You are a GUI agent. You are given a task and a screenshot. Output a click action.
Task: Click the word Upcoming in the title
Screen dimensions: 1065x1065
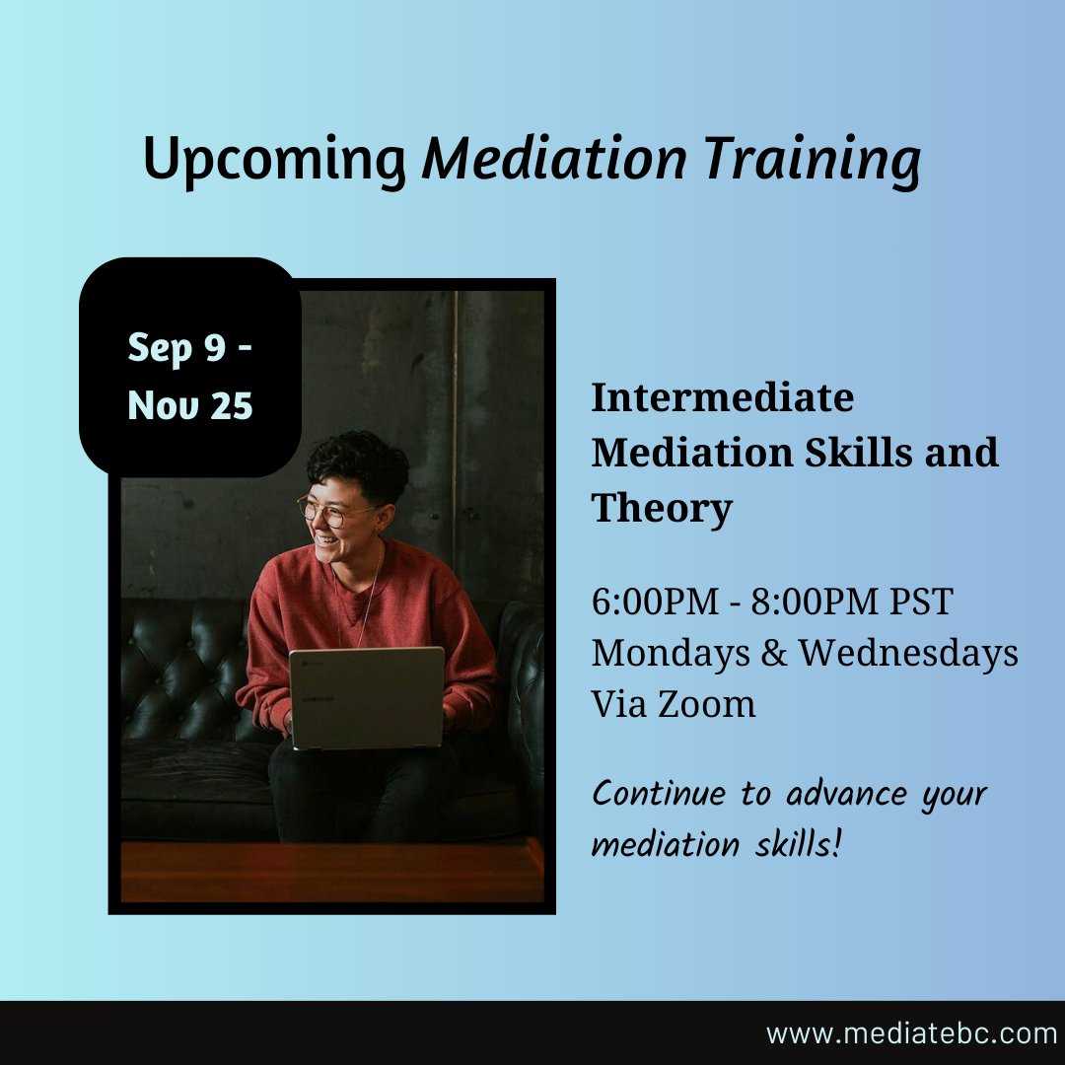[275, 159]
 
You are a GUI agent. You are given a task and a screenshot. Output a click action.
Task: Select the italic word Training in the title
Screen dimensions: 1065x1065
[811, 159]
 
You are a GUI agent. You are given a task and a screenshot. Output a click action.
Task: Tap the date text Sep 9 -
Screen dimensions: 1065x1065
[190, 349]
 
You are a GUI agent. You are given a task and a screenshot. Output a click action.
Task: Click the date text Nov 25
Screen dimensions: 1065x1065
[190, 405]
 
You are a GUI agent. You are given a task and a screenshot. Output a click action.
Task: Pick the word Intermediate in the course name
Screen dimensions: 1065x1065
[722, 398]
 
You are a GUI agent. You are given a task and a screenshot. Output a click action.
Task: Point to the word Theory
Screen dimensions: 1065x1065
[662, 509]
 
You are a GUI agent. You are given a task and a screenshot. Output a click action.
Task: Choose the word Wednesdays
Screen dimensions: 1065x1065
[908, 653]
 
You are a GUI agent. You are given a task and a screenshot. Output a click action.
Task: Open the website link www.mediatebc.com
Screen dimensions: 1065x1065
[911, 1033]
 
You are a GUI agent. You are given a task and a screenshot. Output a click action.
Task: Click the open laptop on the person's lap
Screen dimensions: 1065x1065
[366, 696]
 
